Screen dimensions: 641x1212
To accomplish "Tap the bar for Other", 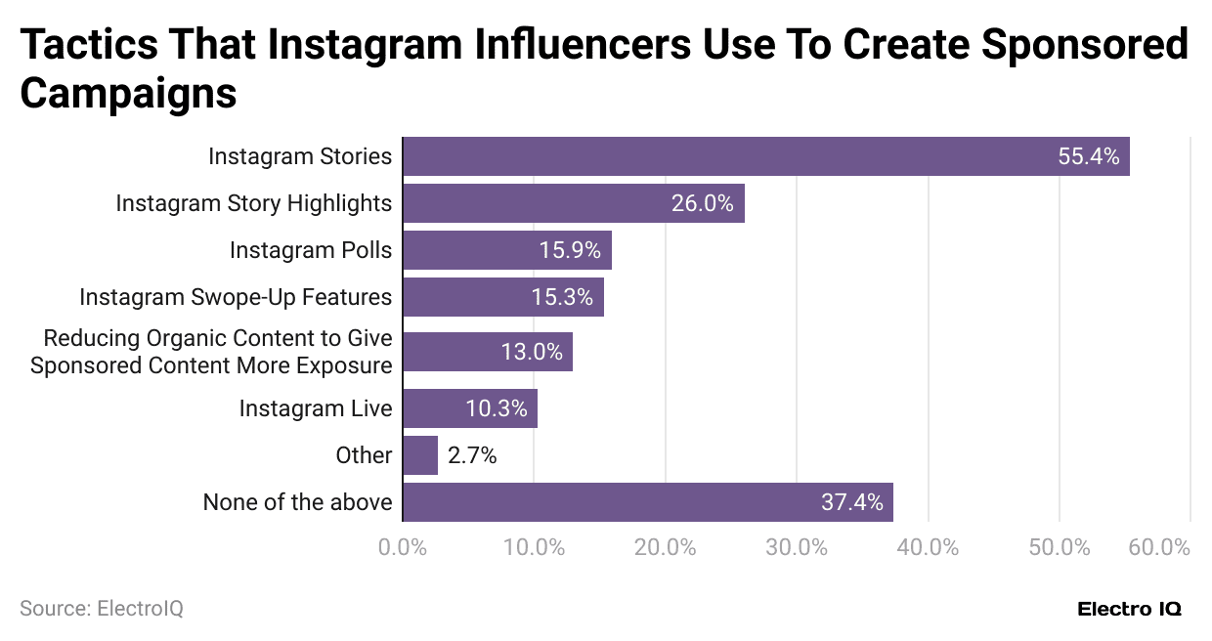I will tap(419, 455).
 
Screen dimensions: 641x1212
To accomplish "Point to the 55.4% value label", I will tap(1088, 156).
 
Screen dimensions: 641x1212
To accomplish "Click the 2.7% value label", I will tap(472, 455).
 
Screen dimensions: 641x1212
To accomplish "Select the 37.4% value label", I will tap(851, 502).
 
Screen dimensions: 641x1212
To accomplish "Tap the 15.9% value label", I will tap(570, 250).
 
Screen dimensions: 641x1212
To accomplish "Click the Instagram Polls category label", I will tap(311, 250).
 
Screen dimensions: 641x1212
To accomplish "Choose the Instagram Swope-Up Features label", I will tap(236, 297).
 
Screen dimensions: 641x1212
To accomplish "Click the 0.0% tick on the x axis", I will tap(402, 547).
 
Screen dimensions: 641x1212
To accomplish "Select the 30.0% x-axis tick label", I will tap(796, 547).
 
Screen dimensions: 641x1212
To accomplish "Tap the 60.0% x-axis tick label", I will tap(1158, 547).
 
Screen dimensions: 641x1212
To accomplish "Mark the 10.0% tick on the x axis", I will tap(533, 547).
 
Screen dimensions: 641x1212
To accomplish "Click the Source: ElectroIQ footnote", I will tap(102, 608).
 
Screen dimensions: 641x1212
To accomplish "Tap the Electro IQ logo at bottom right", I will tap(1129, 609).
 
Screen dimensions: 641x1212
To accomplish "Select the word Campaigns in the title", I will tap(128, 94).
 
